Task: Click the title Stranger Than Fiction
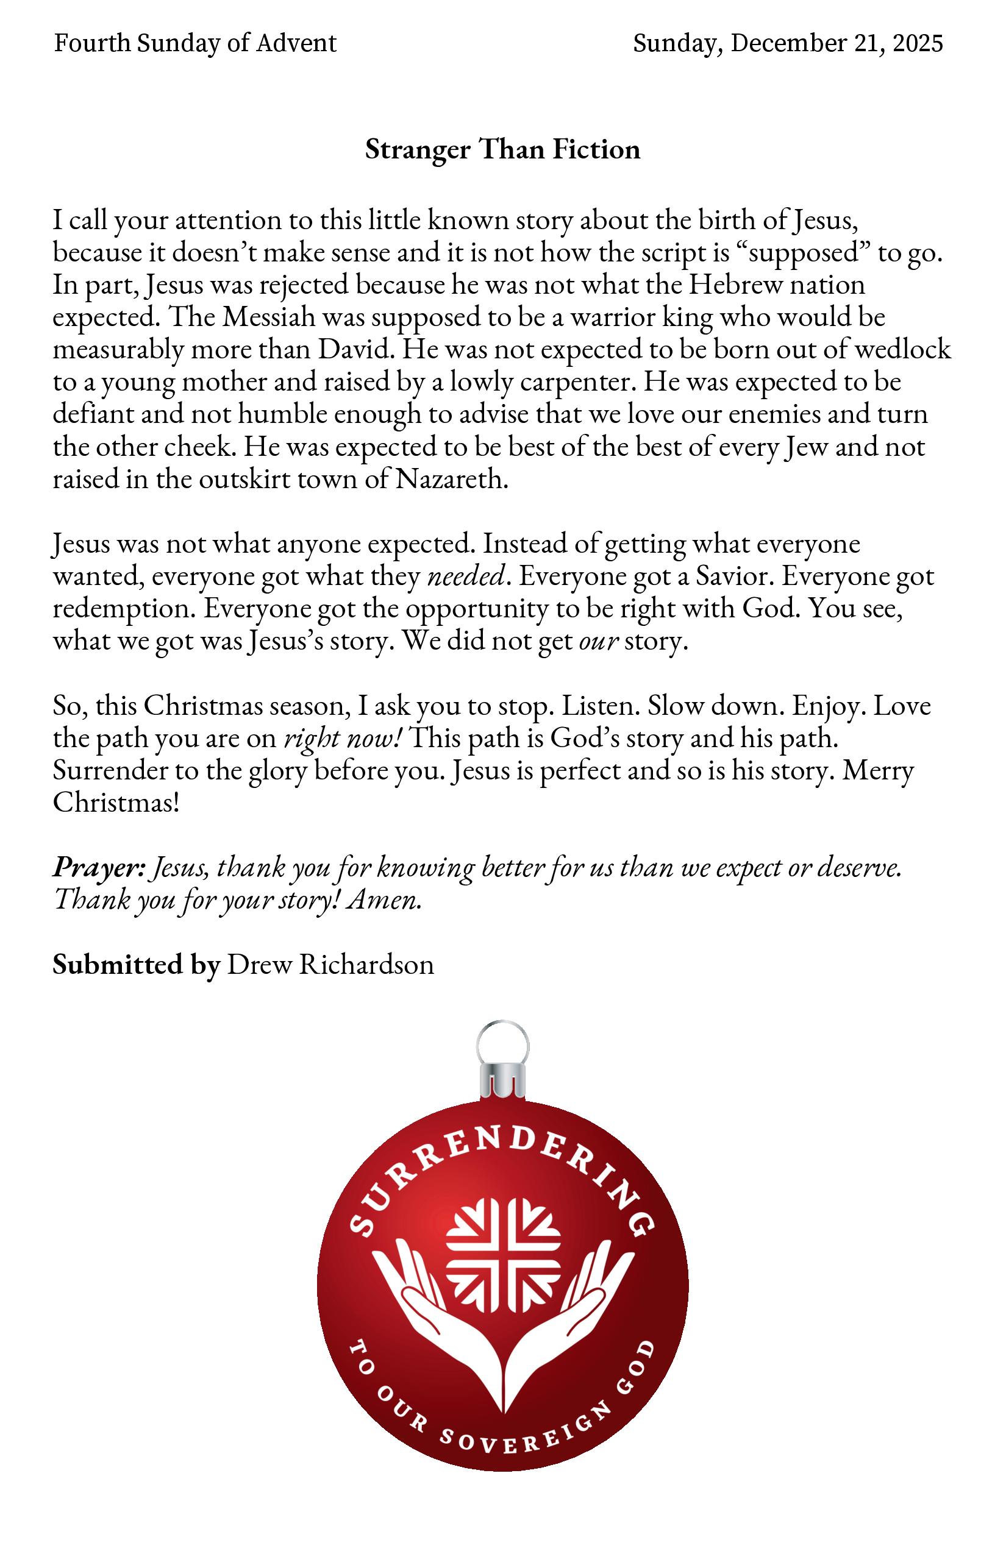502,149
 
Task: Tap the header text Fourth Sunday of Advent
194,43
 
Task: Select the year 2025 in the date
918,43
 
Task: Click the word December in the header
788,43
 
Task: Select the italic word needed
465,577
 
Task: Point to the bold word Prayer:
99,868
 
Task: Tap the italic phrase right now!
342,739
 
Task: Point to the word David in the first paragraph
354,350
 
